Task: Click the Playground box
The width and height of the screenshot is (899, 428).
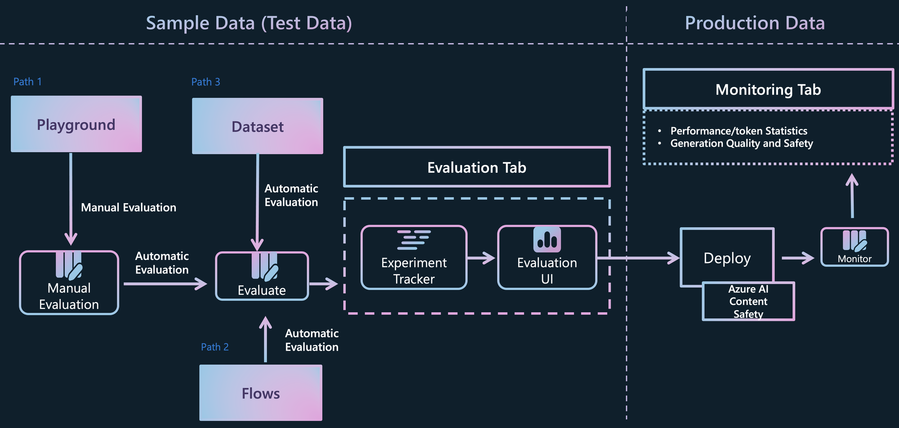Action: [76, 124]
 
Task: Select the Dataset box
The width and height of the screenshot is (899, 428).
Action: [258, 126]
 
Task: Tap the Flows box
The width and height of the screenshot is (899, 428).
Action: [261, 393]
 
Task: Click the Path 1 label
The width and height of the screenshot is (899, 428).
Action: [27, 82]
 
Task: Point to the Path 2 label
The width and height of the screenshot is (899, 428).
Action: [215, 347]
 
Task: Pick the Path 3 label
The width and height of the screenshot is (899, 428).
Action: [206, 82]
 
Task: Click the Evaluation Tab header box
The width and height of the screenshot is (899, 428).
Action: [477, 167]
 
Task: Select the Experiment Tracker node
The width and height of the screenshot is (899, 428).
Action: [414, 258]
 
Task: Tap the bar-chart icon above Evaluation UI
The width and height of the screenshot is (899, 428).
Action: [547, 239]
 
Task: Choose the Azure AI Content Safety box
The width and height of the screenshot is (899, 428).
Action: [748, 301]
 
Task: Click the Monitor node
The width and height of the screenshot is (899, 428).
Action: [854, 247]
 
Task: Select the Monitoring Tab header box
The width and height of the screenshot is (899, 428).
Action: [768, 89]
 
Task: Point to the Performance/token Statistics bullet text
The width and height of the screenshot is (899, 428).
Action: [739, 131]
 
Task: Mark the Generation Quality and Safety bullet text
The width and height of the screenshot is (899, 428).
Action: [742, 143]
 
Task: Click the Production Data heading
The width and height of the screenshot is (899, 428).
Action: [755, 23]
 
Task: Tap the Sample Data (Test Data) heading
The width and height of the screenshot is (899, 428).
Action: [249, 23]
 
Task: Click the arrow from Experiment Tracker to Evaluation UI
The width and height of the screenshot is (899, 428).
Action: [481, 258]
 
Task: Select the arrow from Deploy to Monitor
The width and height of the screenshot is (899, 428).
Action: [798, 258]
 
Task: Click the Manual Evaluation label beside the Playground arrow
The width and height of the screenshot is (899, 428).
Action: [129, 207]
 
